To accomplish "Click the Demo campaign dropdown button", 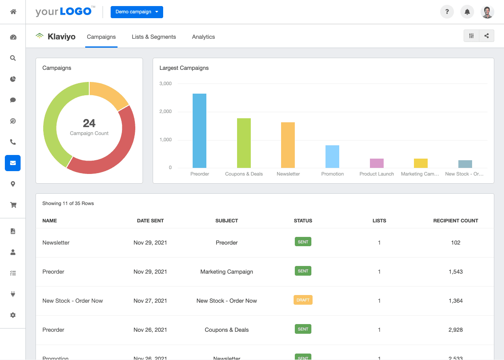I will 136,12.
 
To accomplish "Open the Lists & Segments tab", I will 153,37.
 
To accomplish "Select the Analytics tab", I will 203,37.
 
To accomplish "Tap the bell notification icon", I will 467,12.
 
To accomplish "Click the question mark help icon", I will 447,12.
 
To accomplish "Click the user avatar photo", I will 487,12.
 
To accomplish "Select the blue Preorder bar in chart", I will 199,131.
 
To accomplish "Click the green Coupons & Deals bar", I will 244,143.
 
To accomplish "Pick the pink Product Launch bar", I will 377,163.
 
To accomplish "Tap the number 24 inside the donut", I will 89,123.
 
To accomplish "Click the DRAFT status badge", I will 303,300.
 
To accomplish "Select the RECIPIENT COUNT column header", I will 456,221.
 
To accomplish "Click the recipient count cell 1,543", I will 456,272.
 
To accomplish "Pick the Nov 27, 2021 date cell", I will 150,301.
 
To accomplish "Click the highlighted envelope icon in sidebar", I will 13,163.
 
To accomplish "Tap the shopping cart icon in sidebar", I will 13,205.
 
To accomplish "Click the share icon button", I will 487,36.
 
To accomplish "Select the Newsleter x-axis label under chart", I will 288,174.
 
